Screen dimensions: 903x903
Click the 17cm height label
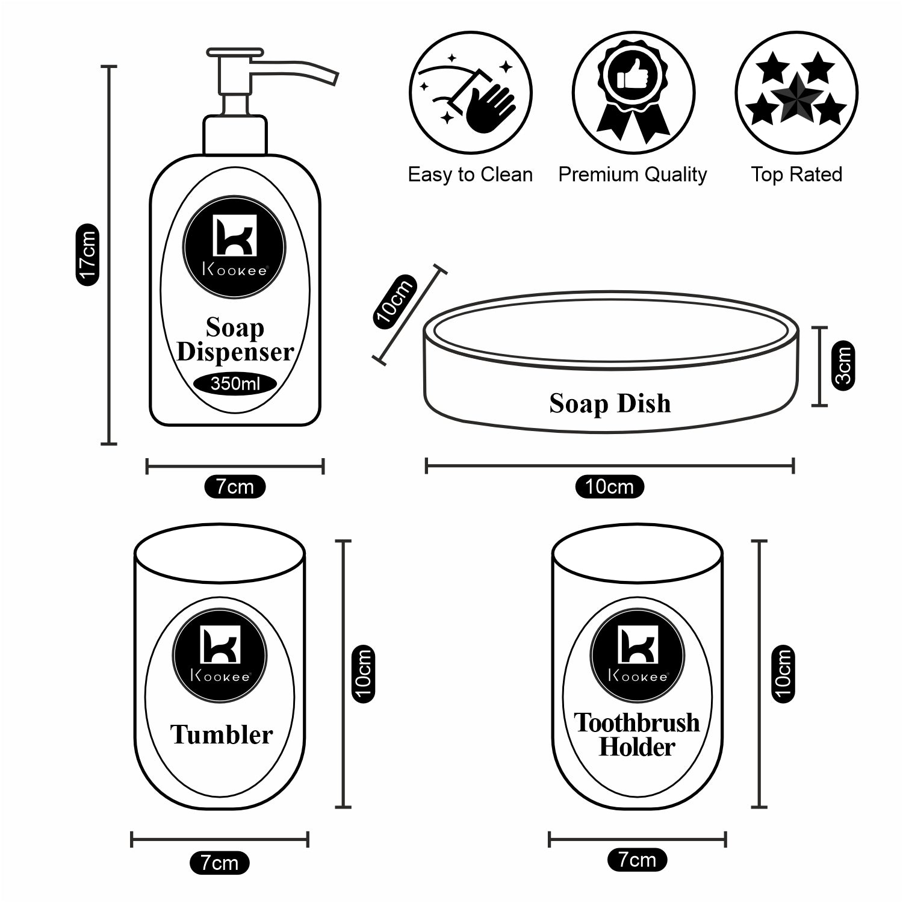pos(87,255)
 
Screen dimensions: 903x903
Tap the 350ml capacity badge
pos(235,383)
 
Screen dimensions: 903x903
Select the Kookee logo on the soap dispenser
pos(234,247)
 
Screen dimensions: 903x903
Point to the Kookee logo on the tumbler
pos(220,655)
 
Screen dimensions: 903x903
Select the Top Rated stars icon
pos(796,93)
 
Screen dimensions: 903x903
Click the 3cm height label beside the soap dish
pos(843,366)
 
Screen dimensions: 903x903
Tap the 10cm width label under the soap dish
pos(609,486)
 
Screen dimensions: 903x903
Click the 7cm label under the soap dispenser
pos(235,486)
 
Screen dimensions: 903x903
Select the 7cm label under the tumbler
pos(219,863)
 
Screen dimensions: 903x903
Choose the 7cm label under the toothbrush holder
pos(637,860)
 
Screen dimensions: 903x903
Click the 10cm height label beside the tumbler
pos(363,674)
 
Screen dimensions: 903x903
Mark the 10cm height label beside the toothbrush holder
pos(782,674)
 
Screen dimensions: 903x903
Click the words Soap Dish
pos(610,403)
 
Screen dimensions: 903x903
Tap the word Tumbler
pos(221,734)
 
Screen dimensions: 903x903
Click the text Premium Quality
pos(632,175)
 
